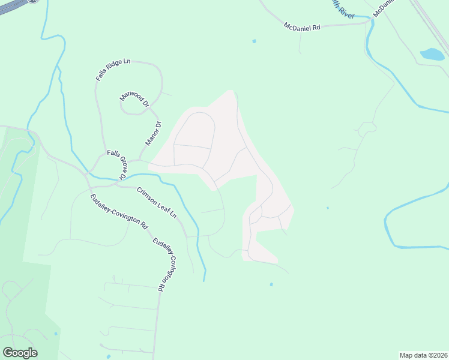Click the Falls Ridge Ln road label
113,70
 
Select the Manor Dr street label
154,134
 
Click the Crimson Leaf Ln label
157,203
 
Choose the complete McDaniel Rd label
303,27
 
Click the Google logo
20,353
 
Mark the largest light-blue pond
431,55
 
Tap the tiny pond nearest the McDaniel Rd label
255,41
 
